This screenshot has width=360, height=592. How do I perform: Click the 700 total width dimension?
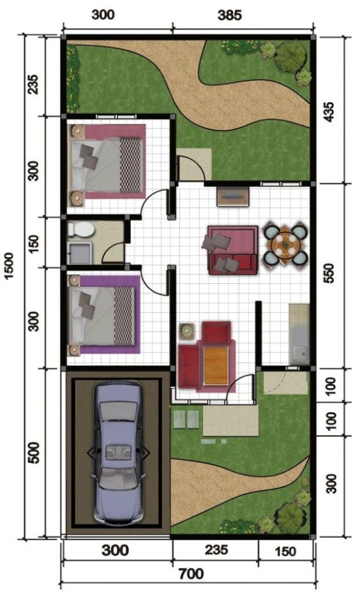(190, 574)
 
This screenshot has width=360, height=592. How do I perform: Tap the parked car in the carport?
(118, 451)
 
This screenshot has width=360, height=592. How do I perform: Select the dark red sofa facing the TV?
(231, 249)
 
